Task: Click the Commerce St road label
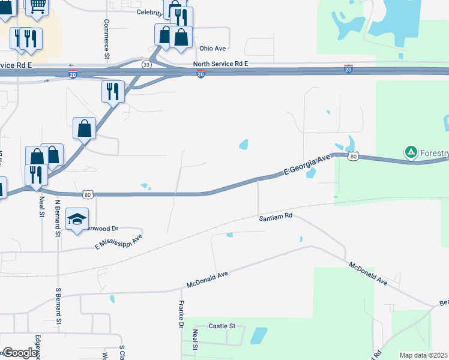coord(106,39)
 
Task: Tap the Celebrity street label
coord(149,12)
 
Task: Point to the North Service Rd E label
coord(220,64)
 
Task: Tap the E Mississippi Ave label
coord(118,242)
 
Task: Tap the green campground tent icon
coord(411,152)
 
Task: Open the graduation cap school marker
coord(77,220)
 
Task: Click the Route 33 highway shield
coord(146,64)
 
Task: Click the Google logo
coord(19,353)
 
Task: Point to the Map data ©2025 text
coord(423,355)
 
